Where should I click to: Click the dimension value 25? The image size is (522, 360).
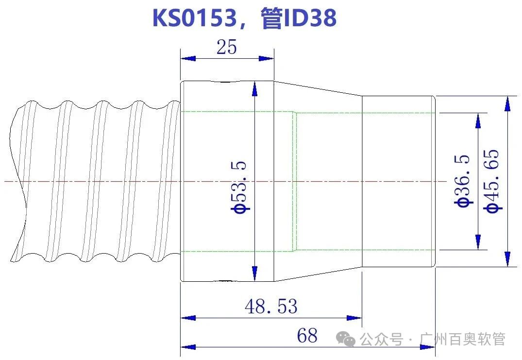point(226,48)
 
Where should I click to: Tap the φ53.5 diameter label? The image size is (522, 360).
point(241,187)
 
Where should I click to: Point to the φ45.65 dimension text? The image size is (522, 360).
point(492,181)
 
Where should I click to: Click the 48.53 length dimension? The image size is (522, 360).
point(270,307)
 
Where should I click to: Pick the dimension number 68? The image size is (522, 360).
point(307,336)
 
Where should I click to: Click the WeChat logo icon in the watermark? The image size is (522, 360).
point(347,339)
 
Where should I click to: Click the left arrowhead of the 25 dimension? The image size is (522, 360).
point(188,58)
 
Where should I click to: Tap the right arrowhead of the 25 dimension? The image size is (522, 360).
point(267,58)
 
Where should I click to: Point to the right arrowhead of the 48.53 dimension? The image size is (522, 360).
point(354,318)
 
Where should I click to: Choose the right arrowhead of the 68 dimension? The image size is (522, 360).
point(427,347)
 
